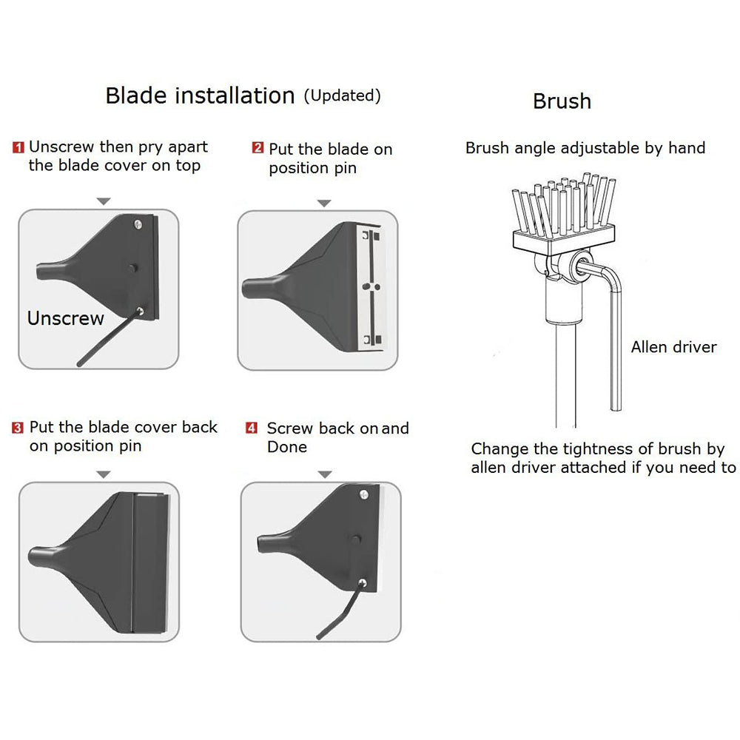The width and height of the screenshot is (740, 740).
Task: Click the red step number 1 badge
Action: click(18, 147)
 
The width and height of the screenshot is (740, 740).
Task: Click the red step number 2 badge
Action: click(258, 148)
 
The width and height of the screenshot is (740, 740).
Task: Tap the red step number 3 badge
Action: click(18, 428)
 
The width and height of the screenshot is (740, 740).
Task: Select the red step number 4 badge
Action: click(252, 428)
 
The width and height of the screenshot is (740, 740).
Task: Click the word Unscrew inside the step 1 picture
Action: click(66, 318)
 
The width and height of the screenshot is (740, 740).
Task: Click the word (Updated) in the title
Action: click(342, 95)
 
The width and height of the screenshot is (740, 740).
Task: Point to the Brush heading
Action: click(562, 101)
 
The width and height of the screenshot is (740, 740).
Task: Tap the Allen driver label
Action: click(673, 347)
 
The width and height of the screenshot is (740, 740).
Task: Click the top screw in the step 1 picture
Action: click(138, 223)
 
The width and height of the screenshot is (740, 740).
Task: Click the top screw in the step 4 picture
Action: click(364, 494)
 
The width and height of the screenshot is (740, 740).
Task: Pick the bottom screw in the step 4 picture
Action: click(363, 583)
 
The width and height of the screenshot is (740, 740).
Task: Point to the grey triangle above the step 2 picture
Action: click(324, 203)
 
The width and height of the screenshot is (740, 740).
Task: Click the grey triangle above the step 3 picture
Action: click(104, 474)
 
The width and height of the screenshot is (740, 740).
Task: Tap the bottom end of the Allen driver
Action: click(616, 408)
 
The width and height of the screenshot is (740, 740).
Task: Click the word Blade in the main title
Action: click(136, 95)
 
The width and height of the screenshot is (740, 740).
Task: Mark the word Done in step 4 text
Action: click(287, 447)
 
